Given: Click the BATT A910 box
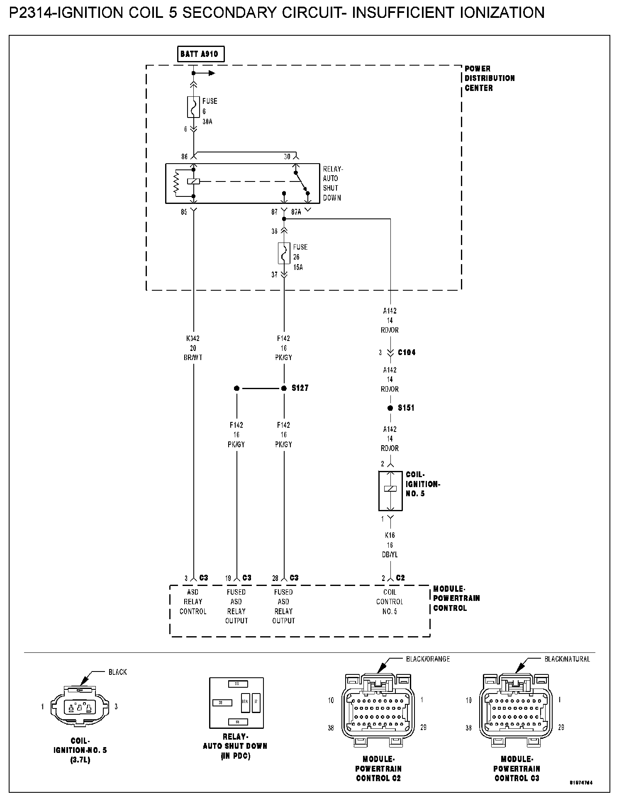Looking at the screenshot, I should coord(200,54).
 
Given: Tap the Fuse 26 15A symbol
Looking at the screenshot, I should coord(284,253).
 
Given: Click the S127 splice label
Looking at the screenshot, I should coord(300,388).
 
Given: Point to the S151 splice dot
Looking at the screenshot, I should coord(390,408).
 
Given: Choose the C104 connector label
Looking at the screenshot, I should coord(407,353).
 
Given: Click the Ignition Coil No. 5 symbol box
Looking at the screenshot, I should coord(390,490).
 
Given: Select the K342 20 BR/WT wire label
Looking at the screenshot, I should coord(193,348).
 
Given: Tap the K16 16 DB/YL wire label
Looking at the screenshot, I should coord(390,545).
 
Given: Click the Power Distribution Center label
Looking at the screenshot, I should coord(489,78).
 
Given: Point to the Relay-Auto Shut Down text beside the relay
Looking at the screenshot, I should coord(332,183).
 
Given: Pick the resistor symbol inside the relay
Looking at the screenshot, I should coord(177,183).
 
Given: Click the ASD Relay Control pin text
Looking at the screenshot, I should coord(193,602).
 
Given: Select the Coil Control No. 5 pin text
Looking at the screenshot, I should coord(390,602).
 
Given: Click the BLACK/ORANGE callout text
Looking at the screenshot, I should coord(428,659).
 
